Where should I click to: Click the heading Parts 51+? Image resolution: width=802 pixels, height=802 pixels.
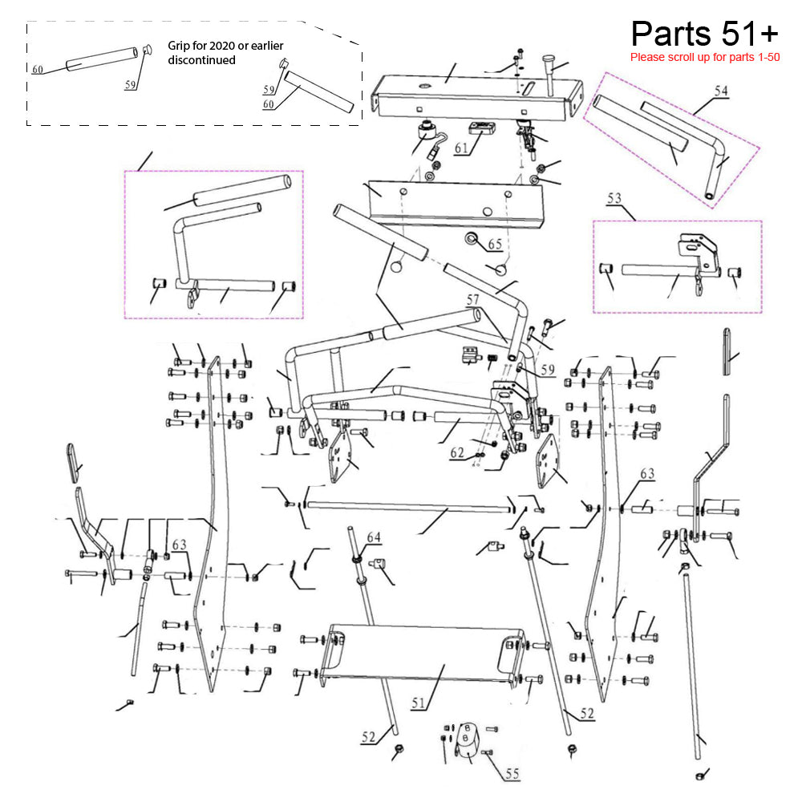click(x=704, y=34)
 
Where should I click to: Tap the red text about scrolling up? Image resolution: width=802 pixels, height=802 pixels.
click(x=704, y=58)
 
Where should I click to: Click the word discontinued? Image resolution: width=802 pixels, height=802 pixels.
click(x=202, y=60)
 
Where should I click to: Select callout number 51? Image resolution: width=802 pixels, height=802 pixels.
click(x=418, y=703)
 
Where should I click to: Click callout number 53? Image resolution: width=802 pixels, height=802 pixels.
click(x=615, y=197)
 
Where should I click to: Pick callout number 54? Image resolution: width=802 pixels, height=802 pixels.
click(x=721, y=91)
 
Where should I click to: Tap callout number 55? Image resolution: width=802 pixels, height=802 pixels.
click(x=512, y=774)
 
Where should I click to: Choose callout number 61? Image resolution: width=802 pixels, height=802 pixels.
click(x=460, y=148)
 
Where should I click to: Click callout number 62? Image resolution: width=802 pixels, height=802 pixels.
click(x=457, y=452)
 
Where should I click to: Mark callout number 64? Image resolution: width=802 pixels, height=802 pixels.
click(x=373, y=536)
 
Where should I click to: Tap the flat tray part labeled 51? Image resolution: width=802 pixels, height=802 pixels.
click(x=417, y=654)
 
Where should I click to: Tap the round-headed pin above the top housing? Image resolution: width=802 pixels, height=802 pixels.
click(x=548, y=61)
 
